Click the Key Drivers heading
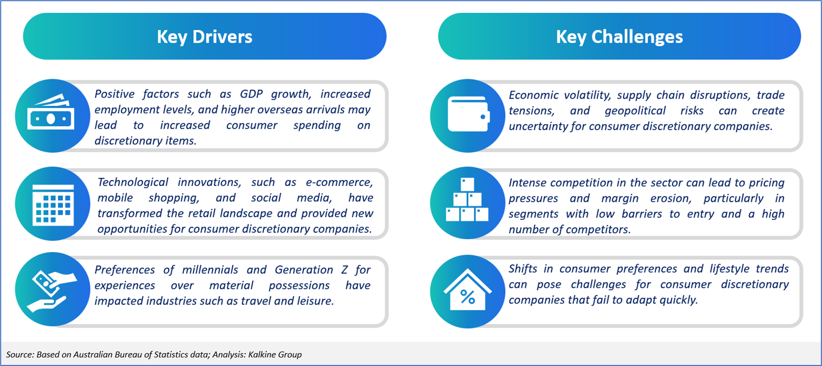[x=205, y=37]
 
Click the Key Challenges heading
[x=620, y=37]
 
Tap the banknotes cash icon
[x=51, y=112]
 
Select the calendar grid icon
[x=53, y=204]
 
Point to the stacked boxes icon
[x=467, y=199]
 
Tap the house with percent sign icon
[x=468, y=289]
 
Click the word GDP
[x=252, y=94]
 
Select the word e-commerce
[x=339, y=182]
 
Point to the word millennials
[x=210, y=270]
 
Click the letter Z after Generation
[x=344, y=270]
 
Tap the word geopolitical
[x=635, y=111]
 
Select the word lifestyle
[x=729, y=269]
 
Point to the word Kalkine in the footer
[x=262, y=355]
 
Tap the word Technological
[x=133, y=182]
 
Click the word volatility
[x=587, y=95]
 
